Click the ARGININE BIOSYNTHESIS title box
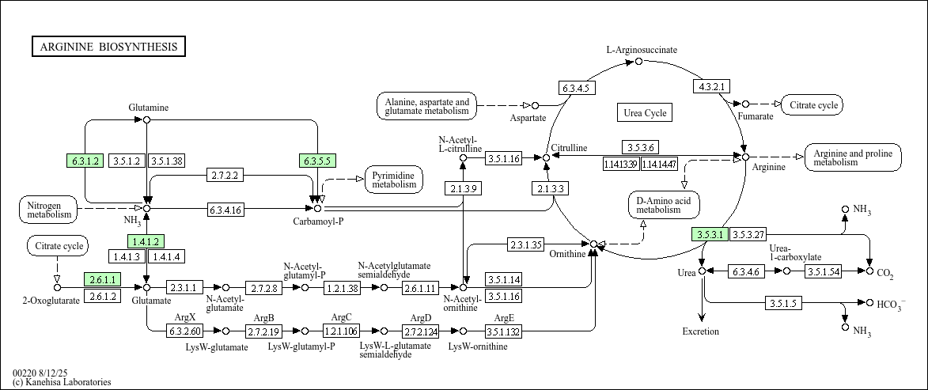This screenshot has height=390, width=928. pos(108,47)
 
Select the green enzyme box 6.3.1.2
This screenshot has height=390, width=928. pos(86,161)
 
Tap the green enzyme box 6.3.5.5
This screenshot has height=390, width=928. pos(317,161)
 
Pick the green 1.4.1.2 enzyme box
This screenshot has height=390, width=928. pos(146,241)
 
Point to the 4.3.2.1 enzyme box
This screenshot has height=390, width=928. pos(713,85)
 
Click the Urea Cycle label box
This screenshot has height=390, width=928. pos(645,113)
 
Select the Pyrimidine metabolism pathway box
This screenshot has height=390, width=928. pos(394,180)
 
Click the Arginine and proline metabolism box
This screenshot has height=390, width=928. pos(852,157)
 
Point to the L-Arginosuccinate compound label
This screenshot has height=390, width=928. pos(642,50)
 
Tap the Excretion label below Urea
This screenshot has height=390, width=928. pos(701,331)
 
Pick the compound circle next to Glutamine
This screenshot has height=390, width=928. pos(146,119)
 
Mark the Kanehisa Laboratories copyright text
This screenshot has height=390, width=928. pos(62,382)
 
